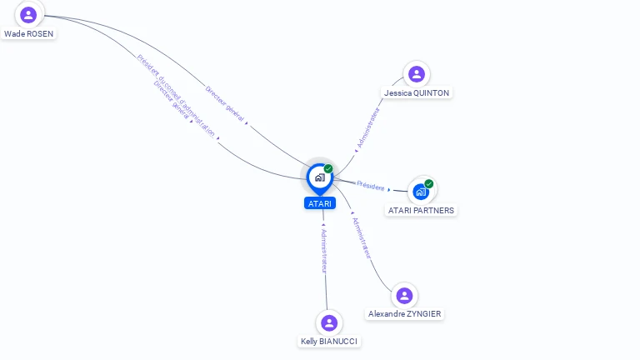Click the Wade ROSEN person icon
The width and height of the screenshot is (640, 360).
coord(28,14)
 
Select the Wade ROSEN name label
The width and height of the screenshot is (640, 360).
coord(28,35)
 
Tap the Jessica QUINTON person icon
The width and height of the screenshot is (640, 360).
coord(416,74)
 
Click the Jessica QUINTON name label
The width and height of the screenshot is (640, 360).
coord(417,93)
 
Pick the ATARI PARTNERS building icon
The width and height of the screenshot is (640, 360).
coord(421,192)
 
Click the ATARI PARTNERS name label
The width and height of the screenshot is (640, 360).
coord(421,211)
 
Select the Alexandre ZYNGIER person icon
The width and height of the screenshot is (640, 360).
coord(404,295)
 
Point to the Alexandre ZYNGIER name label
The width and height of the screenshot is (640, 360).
coord(405,314)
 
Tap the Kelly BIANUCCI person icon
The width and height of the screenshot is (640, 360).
coord(329,322)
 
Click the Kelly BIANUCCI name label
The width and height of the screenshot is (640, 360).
coord(330,342)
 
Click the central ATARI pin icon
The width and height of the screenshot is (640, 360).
coord(319,177)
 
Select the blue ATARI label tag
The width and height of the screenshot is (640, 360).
coord(320,203)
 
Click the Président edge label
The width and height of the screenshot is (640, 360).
coord(371,185)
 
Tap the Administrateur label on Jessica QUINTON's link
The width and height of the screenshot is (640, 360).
coord(367,127)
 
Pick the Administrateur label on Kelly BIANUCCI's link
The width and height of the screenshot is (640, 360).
coord(325,250)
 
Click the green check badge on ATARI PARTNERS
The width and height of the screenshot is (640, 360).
coord(428,184)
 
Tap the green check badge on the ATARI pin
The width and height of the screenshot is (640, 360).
coord(328,169)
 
